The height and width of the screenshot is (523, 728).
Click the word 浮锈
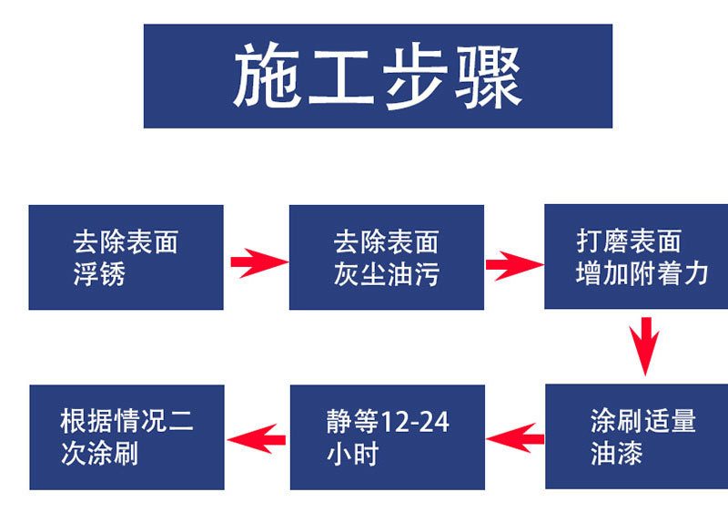(x=98, y=273)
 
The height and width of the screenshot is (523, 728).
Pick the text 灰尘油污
(x=386, y=273)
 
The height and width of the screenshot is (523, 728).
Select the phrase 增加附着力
(x=642, y=273)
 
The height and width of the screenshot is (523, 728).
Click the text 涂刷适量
(x=642, y=421)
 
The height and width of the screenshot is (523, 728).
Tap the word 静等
(x=350, y=422)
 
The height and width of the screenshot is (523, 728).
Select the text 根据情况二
(x=126, y=422)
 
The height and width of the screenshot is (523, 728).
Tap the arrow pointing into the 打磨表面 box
(x=514, y=266)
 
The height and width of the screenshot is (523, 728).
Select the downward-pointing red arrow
(x=645, y=346)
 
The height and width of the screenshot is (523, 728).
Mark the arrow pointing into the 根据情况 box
(x=257, y=439)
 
